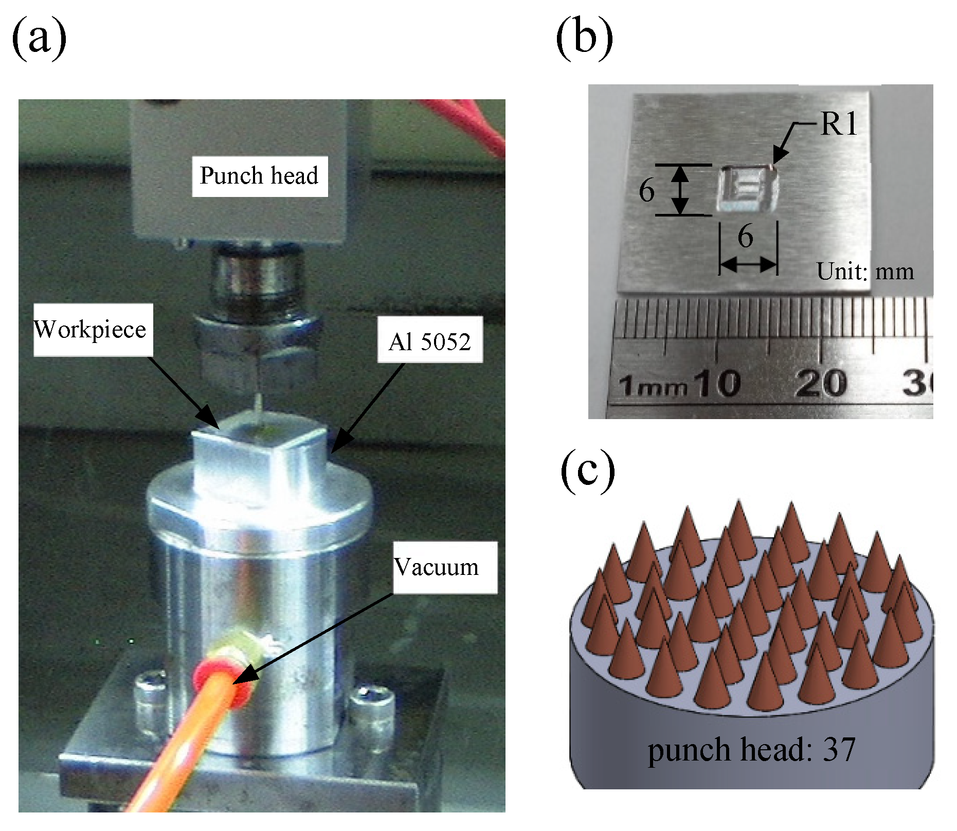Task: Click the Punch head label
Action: point(259,176)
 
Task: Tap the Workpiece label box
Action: point(92,330)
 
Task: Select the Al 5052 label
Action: point(429,341)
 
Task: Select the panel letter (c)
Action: point(587,471)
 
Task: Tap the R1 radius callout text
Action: point(839,124)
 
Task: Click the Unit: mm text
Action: point(865,271)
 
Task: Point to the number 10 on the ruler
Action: point(718,383)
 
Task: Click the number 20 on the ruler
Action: point(821,383)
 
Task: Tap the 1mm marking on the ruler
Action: point(652,386)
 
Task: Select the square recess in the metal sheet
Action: point(747,188)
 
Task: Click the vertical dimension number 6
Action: point(647,191)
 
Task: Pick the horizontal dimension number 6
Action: point(745,237)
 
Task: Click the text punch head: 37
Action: point(751,750)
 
